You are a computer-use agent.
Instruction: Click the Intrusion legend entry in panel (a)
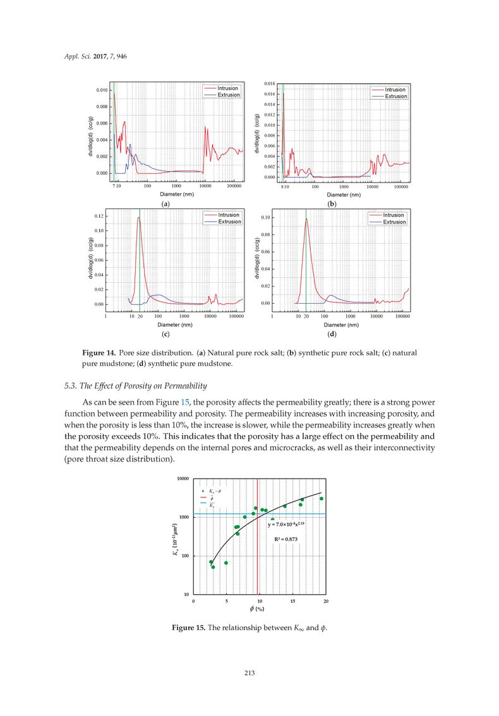(x=228, y=88)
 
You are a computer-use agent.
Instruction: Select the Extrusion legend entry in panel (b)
(x=395, y=96)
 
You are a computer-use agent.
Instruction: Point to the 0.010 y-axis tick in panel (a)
(x=100, y=90)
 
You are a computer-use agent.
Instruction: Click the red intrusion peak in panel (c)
(x=138, y=218)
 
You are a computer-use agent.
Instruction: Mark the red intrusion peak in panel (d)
(x=306, y=219)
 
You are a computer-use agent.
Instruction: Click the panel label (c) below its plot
(x=165, y=333)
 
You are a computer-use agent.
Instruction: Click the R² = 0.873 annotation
(x=286, y=539)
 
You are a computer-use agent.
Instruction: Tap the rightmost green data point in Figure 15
(x=322, y=499)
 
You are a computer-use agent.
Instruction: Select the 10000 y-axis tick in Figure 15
(x=183, y=479)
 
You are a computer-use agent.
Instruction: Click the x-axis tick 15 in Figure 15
(x=293, y=601)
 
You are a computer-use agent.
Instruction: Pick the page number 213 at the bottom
(x=249, y=674)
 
